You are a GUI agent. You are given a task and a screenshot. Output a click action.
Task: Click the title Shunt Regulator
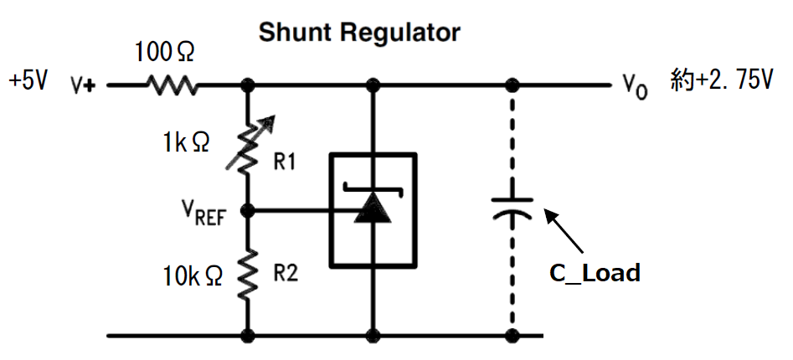(x=359, y=33)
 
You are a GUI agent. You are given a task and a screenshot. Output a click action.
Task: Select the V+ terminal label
(x=85, y=85)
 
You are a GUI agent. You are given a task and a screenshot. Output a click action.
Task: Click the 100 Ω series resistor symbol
(x=171, y=85)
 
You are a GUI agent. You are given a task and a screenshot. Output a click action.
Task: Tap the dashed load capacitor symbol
(x=512, y=208)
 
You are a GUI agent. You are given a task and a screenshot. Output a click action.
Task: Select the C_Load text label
(x=594, y=272)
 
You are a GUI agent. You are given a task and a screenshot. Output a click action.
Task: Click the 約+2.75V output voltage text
(x=720, y=81)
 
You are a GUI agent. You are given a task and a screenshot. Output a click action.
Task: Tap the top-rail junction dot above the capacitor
(x=512, y=85)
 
